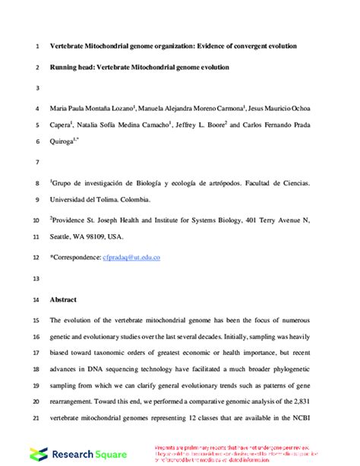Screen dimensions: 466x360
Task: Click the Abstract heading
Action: (64, 300)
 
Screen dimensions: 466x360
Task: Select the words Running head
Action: (75, 67)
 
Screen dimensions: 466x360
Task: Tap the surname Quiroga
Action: (67, 141)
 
